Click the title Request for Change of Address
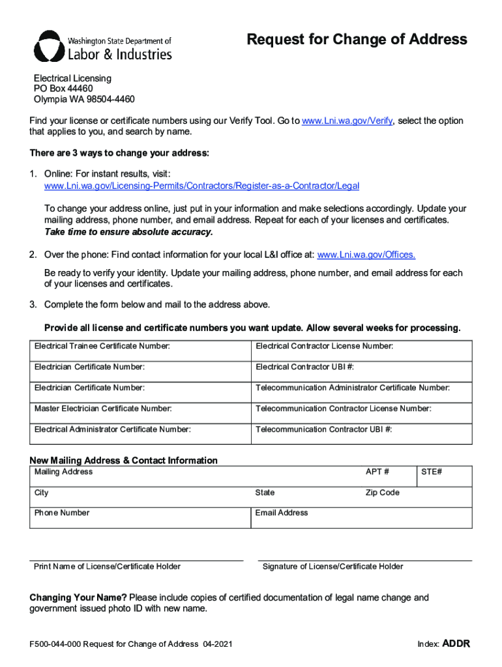tap(357, 40)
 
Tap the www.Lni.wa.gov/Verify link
tap(347, 121)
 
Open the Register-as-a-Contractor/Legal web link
tap(201, 186)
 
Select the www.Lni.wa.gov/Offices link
tap(366, 255)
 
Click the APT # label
tap(377, 472)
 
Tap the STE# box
tap(445, 477)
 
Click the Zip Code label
tap(382, 492)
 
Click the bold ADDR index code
tap(456, 644)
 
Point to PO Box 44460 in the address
tap(63, 89)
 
